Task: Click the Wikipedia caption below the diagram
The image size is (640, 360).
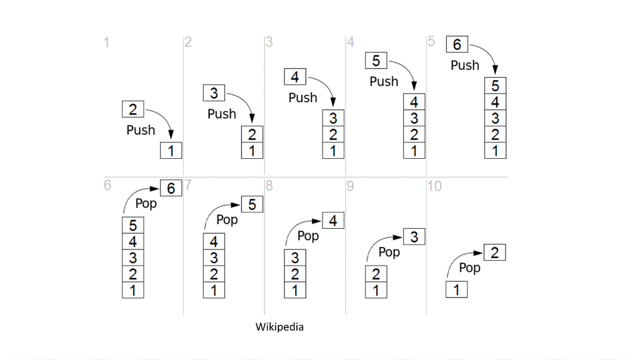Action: tap(279, 326)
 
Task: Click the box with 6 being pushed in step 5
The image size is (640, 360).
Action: tap(457, 45)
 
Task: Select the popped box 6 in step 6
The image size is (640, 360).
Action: tap(171, 187)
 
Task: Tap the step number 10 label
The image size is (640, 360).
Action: tap(434, 186)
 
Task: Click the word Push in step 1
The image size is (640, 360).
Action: tap(141, 130)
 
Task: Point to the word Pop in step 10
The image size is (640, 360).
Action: tap(469, 267)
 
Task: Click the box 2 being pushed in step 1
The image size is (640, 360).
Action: tap(133, 110)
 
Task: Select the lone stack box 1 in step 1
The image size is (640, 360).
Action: tap(171, 151)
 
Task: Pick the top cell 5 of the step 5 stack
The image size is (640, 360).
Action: tap(495, 86)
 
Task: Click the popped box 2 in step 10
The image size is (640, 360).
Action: tap(494, 252)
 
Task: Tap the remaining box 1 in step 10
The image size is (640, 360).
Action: tap(456, 290)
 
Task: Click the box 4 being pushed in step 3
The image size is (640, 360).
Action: tap(295, 77)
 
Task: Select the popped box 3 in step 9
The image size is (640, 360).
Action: tap(414, 236)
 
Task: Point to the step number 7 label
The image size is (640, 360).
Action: tap(187, 186)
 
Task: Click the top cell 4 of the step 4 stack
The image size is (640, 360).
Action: tap(414, 102)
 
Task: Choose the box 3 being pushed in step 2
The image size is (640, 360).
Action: tap(214, 94)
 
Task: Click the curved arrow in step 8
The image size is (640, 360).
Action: tap(299, 229)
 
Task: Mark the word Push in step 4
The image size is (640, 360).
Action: tap(384, 81)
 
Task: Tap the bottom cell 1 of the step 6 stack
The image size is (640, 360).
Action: tap(133, 290)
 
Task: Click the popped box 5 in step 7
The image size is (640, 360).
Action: tap(252, 204)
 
